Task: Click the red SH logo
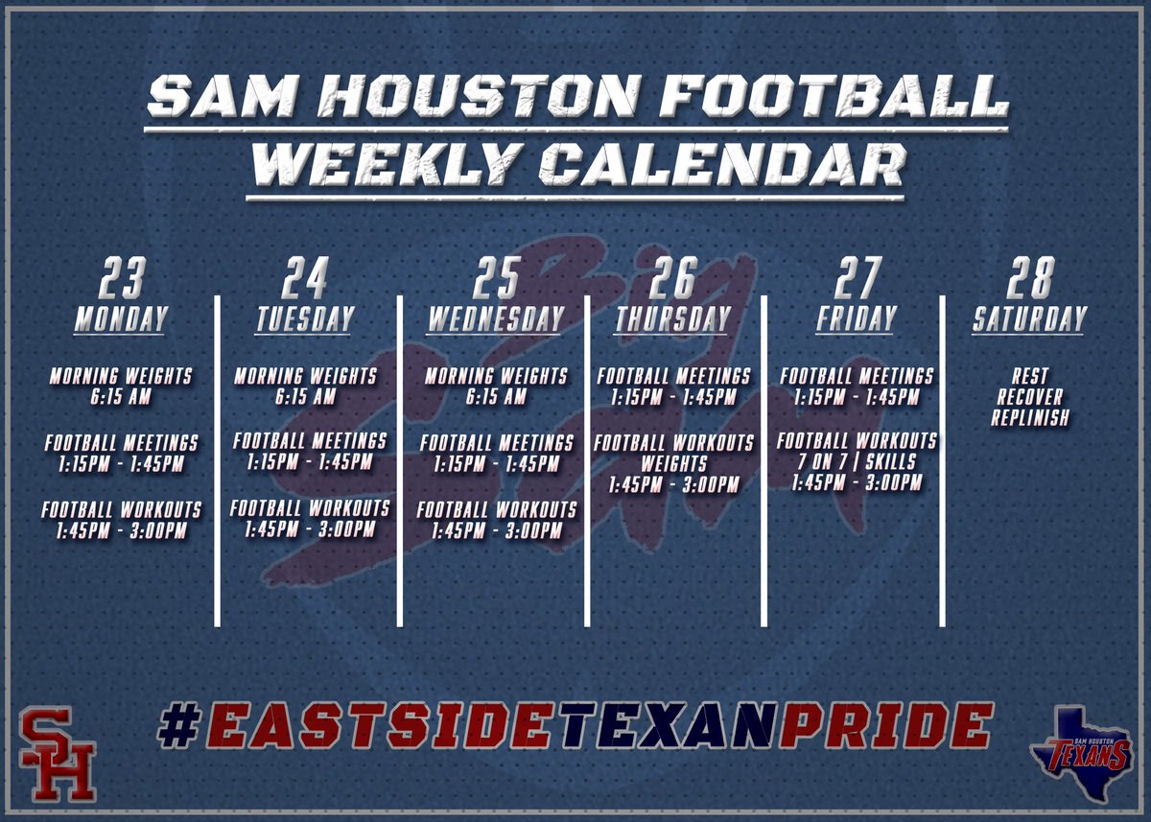[59, 753]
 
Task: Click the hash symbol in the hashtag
[178, 725]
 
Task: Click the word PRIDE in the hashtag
[883, 725]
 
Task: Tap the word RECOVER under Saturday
[1030, 397]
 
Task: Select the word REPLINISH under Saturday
[1030, 418]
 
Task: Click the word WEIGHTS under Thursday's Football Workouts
[672, 464]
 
